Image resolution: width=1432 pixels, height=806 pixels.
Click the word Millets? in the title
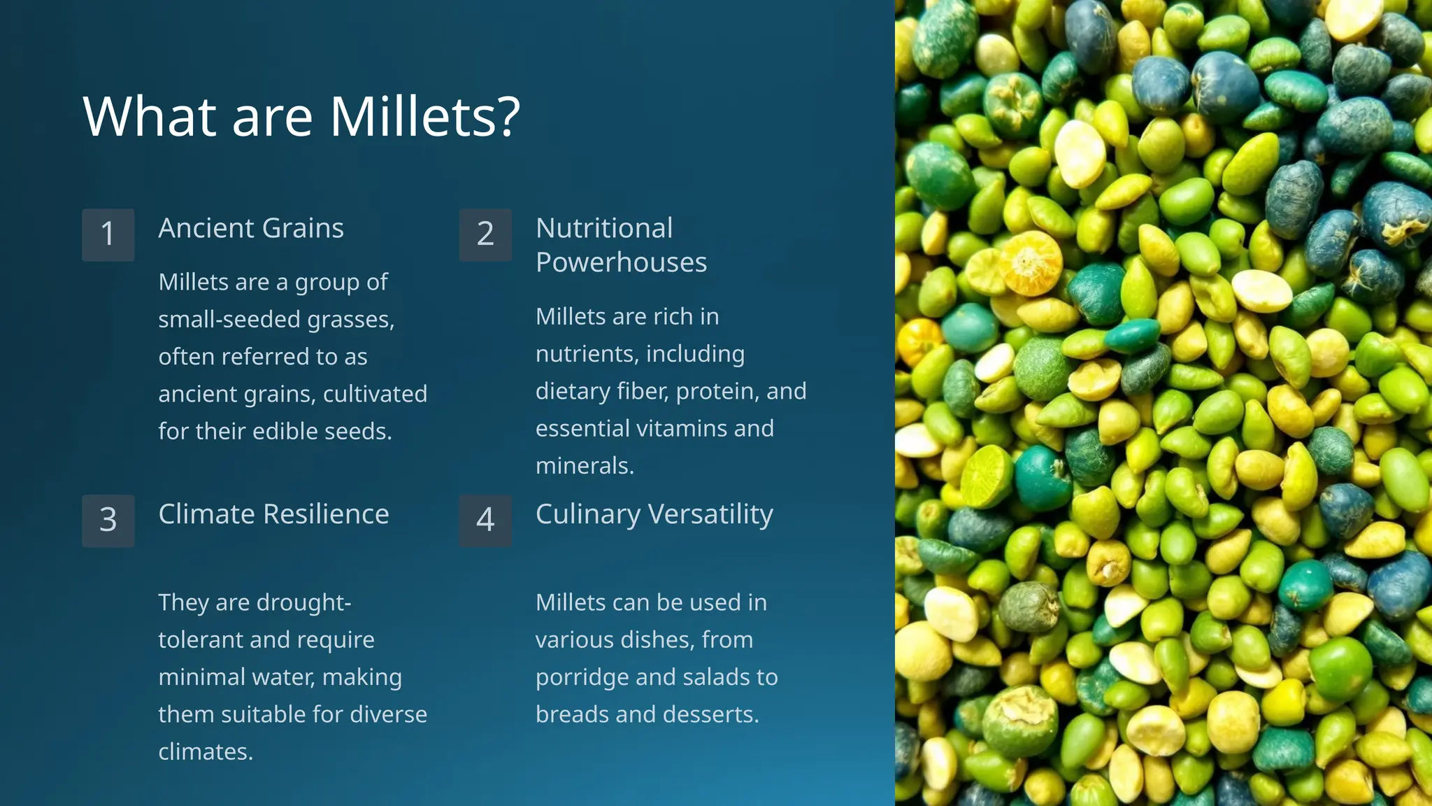point(424,116)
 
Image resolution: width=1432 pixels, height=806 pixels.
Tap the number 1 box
point(108,234)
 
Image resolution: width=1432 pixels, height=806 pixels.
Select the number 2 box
point(485,234)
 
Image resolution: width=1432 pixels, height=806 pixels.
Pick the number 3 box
point(108,521)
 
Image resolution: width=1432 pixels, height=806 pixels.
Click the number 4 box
point(485,521)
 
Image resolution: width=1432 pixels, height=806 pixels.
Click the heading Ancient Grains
point(251,228)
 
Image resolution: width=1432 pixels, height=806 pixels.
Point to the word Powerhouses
point(621,262)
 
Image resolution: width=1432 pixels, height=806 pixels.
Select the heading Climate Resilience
point(273,514)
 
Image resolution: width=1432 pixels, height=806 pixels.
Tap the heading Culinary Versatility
point(654,514)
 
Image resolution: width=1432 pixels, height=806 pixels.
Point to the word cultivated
point(375,394)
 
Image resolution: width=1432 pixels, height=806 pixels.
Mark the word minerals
point(585,466)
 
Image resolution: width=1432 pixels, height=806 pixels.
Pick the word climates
point(206,751)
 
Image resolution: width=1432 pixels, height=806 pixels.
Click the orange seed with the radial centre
point(1030,262)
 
